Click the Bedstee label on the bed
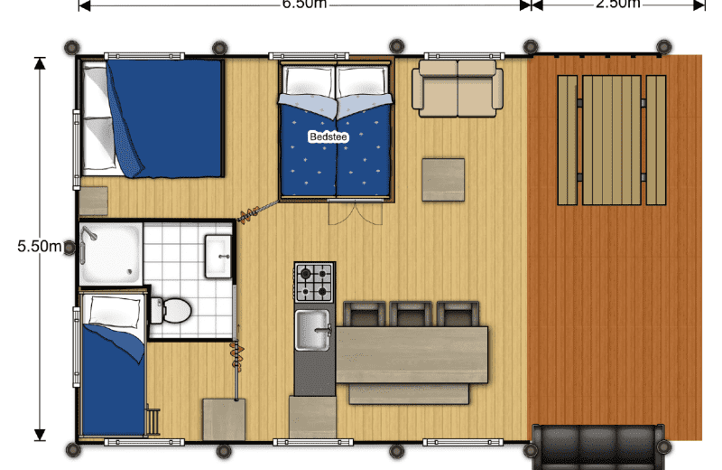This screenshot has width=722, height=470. tap(324, 136)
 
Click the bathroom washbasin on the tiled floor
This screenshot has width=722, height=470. tap(218, 256)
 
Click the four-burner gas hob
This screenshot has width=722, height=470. tap(315, 282)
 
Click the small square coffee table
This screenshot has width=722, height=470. tap(443, 180)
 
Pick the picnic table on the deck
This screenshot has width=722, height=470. tap(611, 140)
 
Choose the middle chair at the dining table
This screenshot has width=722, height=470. tap(412, 314)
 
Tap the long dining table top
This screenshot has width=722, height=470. tap(411, 354)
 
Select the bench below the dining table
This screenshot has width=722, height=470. tap(408, 394)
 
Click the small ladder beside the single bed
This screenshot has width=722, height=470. tap(155, 422)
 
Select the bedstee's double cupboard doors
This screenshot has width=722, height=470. tap(346, 212)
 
